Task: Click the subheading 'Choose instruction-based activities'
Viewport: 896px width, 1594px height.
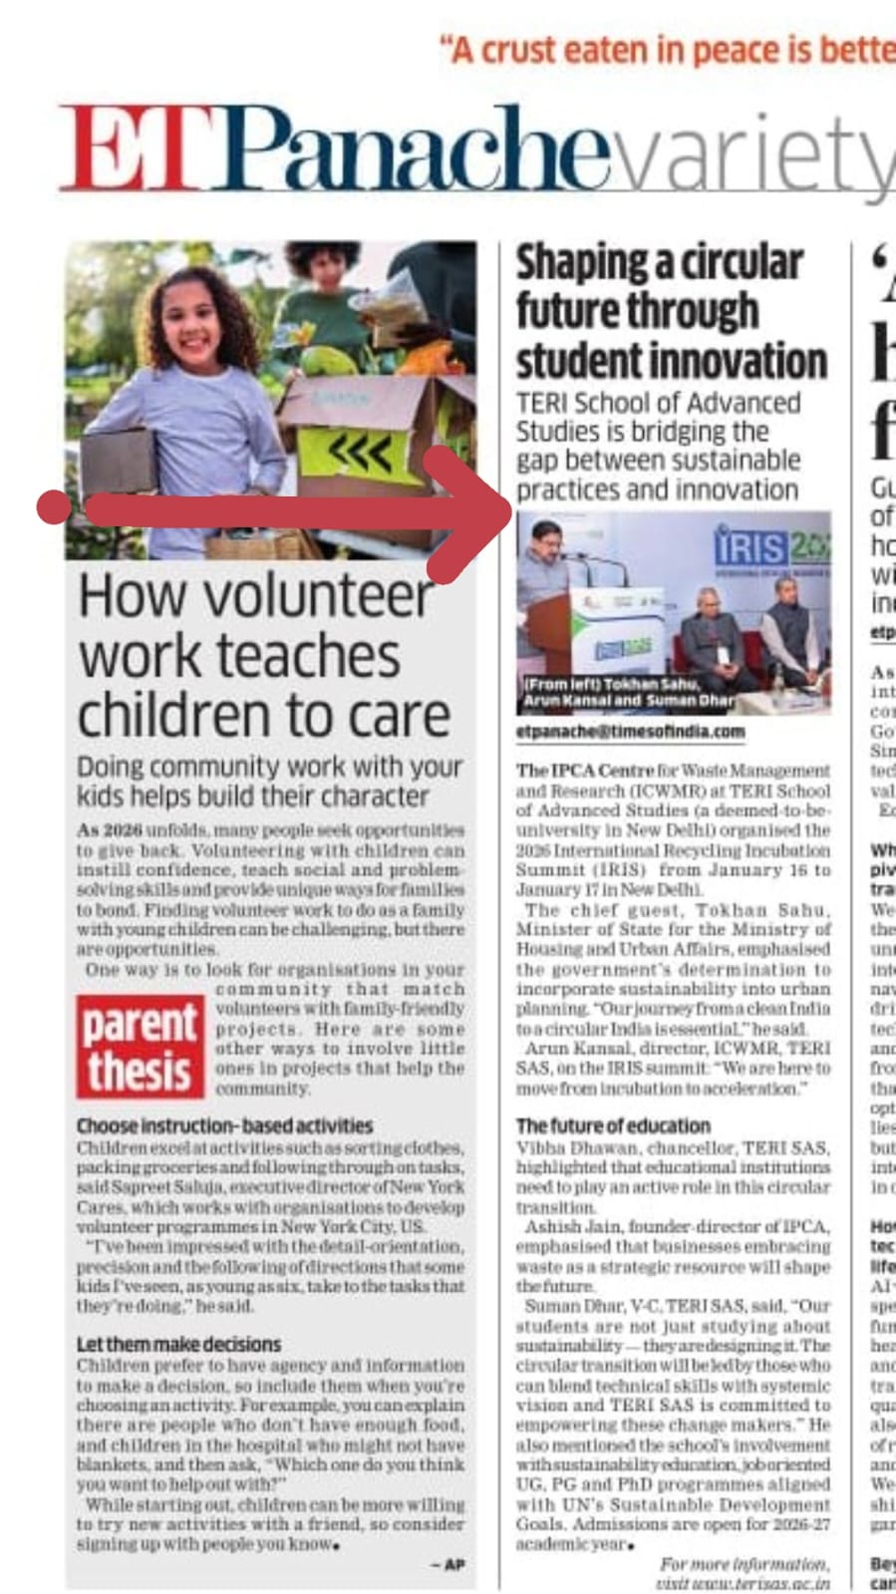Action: click(225, 1126)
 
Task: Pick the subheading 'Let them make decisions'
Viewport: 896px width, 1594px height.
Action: click(179, 1344)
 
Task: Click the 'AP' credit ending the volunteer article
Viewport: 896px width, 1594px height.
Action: click(452, 1565)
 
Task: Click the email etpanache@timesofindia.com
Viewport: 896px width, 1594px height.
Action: click(630, 731)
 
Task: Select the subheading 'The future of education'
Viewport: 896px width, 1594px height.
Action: click(613, 1125)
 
